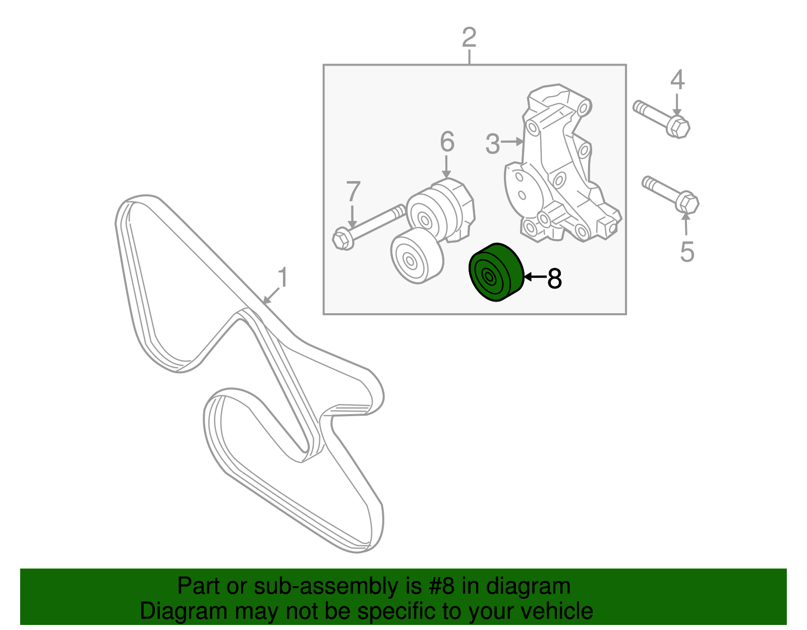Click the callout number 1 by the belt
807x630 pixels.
283,278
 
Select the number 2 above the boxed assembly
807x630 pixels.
469,38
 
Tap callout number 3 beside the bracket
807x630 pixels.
492,144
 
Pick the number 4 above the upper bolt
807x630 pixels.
677,81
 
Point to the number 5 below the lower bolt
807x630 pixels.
687,252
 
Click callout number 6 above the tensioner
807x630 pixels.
447,142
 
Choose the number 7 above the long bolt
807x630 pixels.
353,192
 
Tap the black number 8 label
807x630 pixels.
554,278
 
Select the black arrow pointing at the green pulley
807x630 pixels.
535,276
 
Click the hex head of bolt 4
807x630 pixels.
678,126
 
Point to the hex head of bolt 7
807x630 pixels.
343,238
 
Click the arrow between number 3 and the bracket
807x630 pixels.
512,142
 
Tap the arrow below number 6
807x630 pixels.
446,167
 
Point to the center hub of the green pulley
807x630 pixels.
488,276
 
